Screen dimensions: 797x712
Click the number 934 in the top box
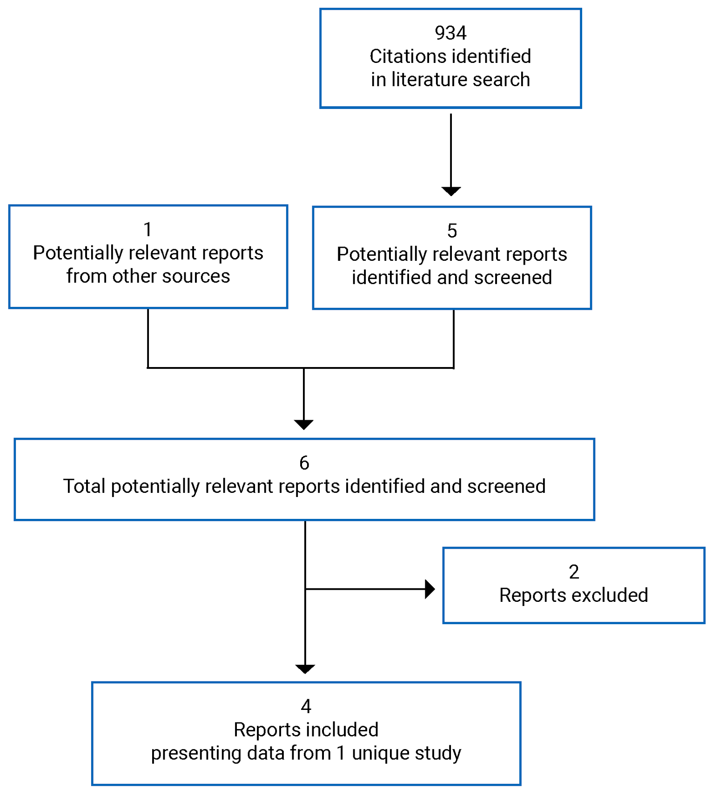(450, 33)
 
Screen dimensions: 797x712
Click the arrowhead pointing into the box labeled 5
(451, 191)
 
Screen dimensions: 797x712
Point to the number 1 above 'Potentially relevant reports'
(148, 230)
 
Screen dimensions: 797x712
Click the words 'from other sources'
(148, 276)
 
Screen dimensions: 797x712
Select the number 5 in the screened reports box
(452, 231)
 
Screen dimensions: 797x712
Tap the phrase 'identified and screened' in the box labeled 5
(452, 278)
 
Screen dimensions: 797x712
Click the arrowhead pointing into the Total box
(304, 424)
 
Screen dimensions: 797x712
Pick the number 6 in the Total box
(304, 463)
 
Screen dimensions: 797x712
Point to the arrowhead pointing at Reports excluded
(430, 589)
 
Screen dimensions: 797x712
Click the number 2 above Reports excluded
(574, 572)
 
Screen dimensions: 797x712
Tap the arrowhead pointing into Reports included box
(305, 669)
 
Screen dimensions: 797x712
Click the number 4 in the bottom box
(306, 707)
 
